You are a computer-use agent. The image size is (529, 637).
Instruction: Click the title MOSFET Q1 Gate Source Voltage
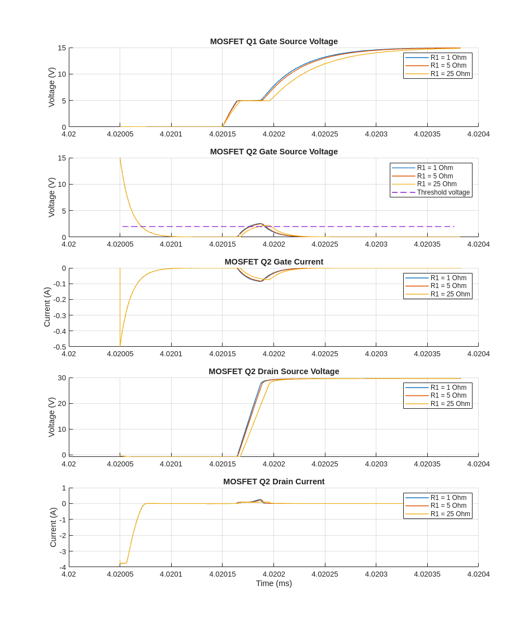pos(273,41)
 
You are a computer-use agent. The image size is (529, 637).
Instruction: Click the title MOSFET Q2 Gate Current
pos(273,262)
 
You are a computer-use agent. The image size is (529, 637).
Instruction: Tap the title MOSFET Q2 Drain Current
pos(273,482)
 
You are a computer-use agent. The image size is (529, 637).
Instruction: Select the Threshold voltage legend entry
pos(443,192)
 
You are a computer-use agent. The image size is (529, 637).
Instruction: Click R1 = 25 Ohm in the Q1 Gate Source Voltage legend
pos(450,74)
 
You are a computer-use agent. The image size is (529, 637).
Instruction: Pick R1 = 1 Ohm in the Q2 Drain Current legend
pos(448,498)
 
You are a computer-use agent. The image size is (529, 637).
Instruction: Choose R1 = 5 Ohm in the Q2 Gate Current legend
pos(448,286)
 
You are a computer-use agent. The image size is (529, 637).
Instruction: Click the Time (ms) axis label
pos(273,583)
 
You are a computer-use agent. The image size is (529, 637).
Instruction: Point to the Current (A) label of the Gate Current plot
pos(47,307)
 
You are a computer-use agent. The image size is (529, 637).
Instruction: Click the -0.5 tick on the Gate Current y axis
pos(59,347)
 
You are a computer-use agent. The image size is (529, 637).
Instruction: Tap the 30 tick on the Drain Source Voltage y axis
pos(62,378)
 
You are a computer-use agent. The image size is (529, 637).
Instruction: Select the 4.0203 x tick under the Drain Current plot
pos(376,574)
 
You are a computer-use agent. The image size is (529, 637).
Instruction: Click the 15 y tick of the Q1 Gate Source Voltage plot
pos(62,48)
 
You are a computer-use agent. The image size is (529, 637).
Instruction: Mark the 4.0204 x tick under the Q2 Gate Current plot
pos(478,353)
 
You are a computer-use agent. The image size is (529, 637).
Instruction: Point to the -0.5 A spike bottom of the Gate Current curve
pos(120,345)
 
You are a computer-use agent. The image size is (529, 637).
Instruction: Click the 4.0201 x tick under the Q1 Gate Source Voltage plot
pos(171,134)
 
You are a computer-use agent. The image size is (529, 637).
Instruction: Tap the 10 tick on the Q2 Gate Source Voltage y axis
pos(62,185)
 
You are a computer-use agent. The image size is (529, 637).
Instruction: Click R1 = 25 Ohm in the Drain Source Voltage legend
pos(450,404)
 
